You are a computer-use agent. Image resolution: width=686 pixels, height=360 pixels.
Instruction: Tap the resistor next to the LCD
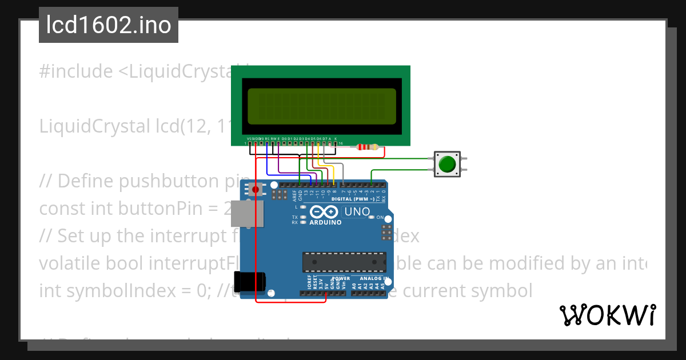(x=367, y=147)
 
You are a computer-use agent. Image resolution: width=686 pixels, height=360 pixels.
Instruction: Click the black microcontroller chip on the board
(x=344, y=262)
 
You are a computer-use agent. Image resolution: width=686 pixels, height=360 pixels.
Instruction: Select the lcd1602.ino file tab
(x=109, y=25)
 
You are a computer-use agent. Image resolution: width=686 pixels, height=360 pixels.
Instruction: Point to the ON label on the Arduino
(x=380, y=218)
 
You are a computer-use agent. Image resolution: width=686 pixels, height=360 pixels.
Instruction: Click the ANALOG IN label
(x=374, y=279)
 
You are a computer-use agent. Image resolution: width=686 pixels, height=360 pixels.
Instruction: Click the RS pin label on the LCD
(x=267, y=138)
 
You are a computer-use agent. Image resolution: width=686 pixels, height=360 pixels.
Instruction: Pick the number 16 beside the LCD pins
(x=341, y=143)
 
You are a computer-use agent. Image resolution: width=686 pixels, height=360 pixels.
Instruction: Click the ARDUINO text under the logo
(x=325, y=222)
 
